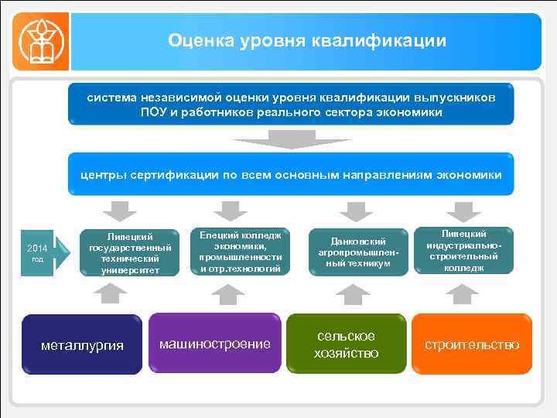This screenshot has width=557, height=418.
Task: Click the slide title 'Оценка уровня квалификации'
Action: pyautogui.click(x=307, y=40)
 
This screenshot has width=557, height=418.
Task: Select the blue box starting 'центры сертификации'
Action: pyautogui.click(x=291, y=175)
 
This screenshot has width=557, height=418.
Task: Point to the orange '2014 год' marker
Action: pyautogui.click(x=38, y=252)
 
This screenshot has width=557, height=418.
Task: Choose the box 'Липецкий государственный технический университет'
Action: pyautogui.click(x=125, y=252)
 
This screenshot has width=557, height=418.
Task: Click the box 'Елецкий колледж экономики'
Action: pyautogui.click(x=240, y=251)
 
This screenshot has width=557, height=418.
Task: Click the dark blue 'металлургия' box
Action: pyautogui.click(x=82, y=344)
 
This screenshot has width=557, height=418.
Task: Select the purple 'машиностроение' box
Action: pyautogui.click(x=214, y=343)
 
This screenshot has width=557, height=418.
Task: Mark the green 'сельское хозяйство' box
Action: pyautogui.click(x=347, y=344)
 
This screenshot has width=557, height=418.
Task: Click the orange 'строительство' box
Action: pyautogui.click(x=472, y=344)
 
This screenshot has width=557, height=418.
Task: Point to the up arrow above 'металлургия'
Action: pyautogui.click(x=114, y=293)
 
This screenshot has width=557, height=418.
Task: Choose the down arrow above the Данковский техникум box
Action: pyautogui.click(x=355, y=211)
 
